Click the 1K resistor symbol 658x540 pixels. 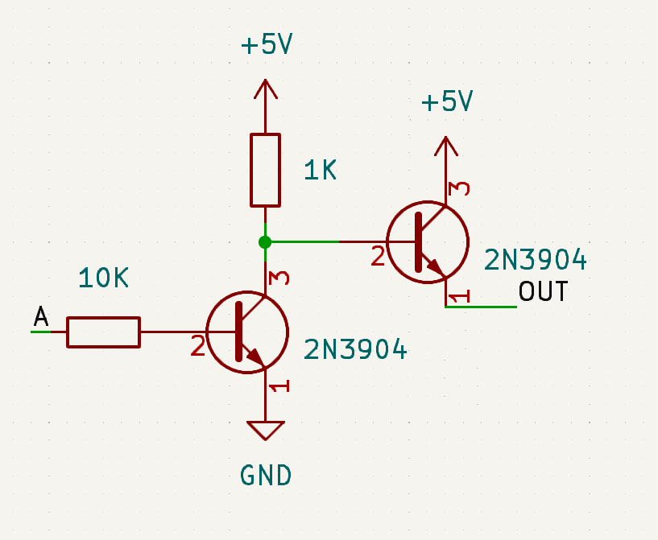[x=265, y=170]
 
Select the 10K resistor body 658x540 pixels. [x=103, y=332]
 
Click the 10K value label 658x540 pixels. [x=104, y=278]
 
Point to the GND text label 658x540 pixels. [x=266, y=476]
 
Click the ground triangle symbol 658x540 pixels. [x=266, y=430]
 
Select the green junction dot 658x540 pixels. [x=265, y=241]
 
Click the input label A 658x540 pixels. [x=41, y=318]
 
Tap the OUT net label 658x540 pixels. [x=544, y=291]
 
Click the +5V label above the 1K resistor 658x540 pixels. [x=266, y=45]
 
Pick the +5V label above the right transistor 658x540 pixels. [x=446, y=102]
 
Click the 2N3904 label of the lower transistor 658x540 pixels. [x=355, y=349]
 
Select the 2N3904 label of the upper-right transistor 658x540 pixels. [x=535, y=260]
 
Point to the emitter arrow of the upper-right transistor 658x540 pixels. [x=435, y=266]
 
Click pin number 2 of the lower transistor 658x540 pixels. [x=198, y=347]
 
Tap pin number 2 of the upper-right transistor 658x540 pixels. [x=378, y=258]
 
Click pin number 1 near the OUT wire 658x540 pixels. [x=458, y=298]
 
